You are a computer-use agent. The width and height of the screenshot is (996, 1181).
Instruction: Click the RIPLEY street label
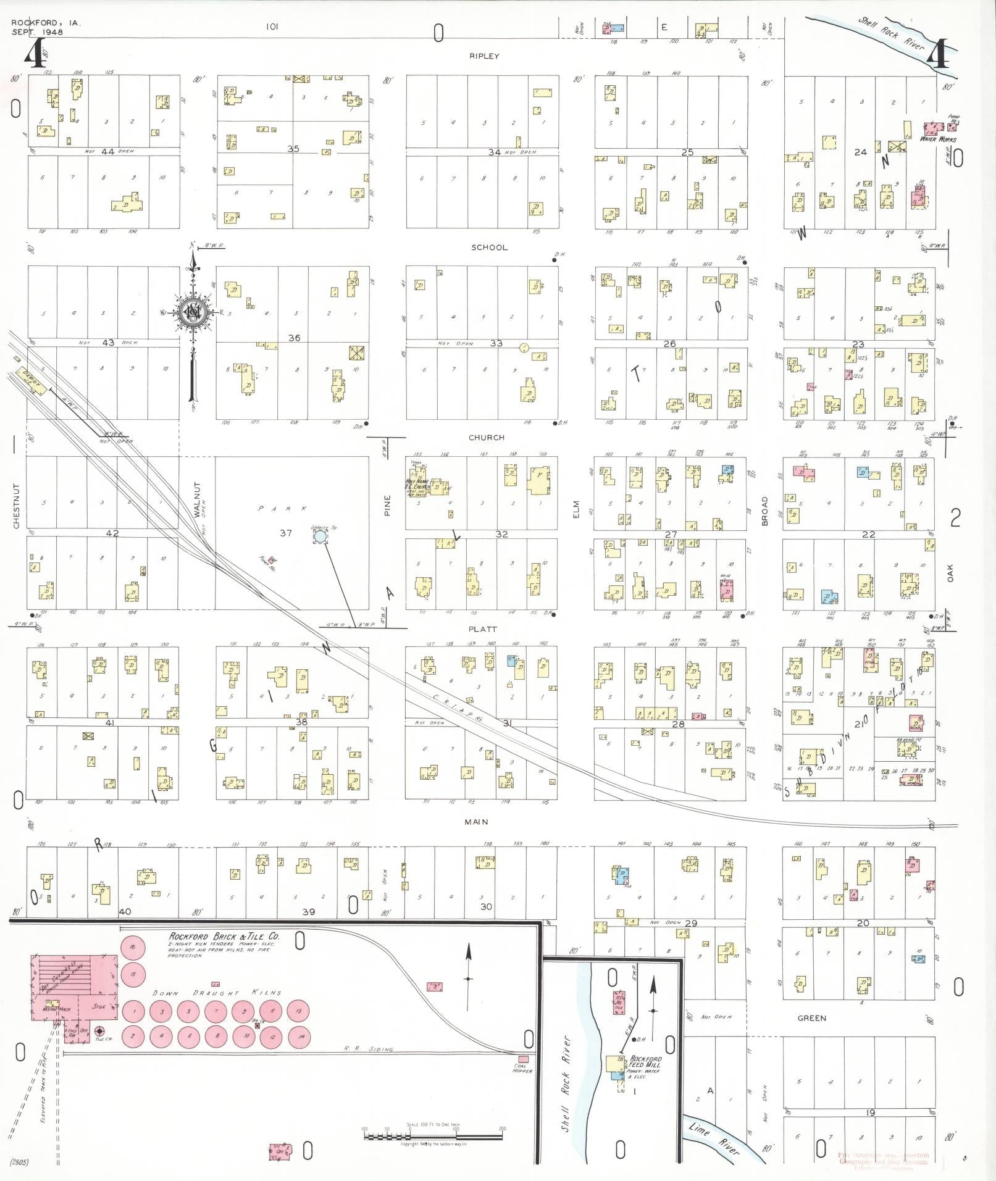click(x=483, y=56)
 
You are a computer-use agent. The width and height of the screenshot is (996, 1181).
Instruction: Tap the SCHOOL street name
click(x=489, y=248)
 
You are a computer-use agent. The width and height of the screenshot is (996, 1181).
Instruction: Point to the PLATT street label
click(x=483, y=629)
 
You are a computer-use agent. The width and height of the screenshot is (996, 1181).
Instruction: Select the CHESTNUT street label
click(x=17, y=506)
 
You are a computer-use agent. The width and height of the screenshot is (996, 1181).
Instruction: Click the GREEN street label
click(x=811, y=1018)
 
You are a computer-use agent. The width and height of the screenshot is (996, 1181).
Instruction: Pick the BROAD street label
click(x=764, y=511)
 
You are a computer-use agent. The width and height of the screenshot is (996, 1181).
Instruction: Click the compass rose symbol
click(x=195, y=313)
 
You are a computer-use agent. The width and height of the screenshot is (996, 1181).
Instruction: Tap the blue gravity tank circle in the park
click(x=320, y=537)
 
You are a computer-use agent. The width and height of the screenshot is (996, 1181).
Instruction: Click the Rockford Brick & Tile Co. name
click(x=224, y=937)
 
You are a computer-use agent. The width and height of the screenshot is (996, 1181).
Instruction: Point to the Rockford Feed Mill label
click(x=645, y=1062)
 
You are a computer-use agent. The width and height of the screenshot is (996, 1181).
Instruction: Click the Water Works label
click(x=937, y=140)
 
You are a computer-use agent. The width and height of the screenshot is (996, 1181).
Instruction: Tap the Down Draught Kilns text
click(x=217, y=993)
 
